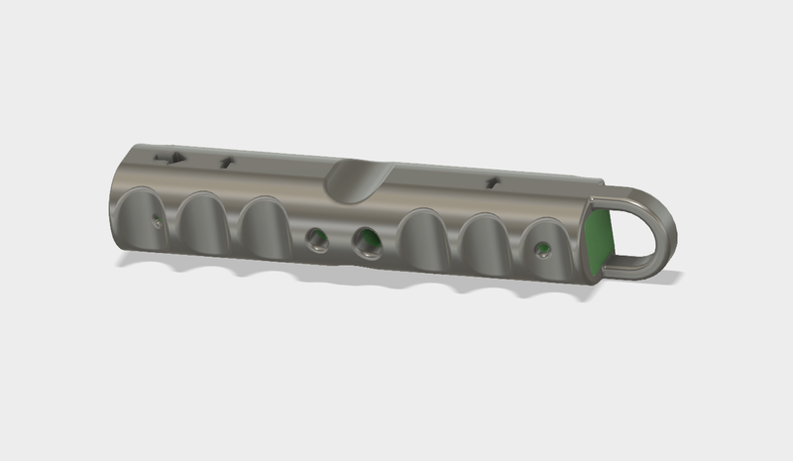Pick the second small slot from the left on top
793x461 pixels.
point(227,161)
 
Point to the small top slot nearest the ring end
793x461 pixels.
point(492,181)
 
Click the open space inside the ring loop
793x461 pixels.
point(637,230)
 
